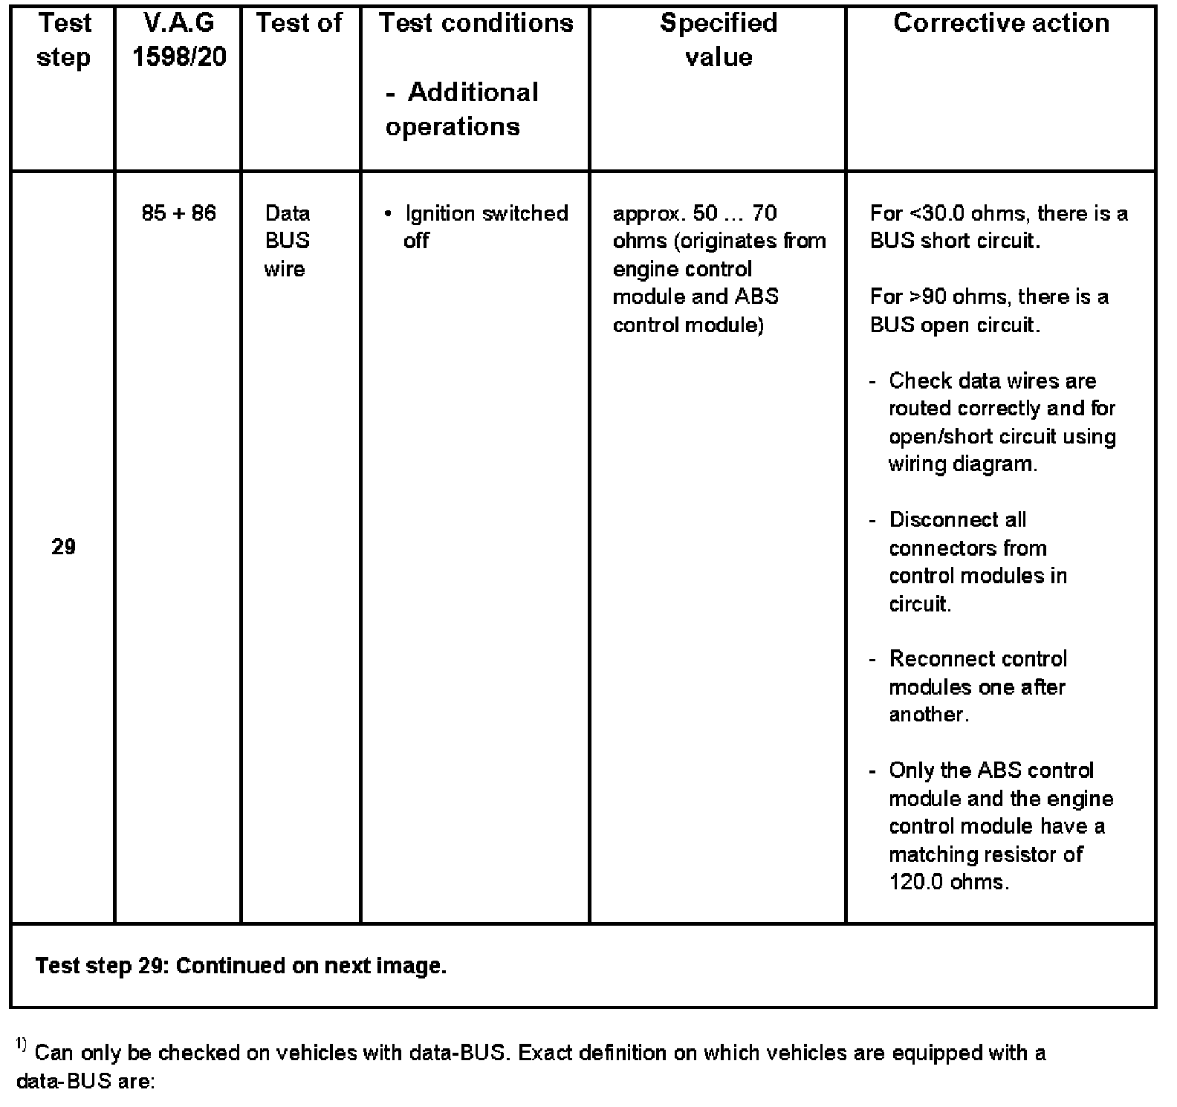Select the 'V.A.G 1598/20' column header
[x=179, y=40]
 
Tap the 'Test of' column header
[x=299, y=23]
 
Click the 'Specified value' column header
[x=719, y=40]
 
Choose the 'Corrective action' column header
[x=1001, y=23]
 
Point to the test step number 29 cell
[x=64, y=547]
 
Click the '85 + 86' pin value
[x=179, y=213]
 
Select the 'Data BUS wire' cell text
[x=287, y=241]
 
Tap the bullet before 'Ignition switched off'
[x=388, y=214]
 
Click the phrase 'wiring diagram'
[x=962, y=464]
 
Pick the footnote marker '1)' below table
[x=21, y=1046]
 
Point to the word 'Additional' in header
[x=473, y=93]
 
